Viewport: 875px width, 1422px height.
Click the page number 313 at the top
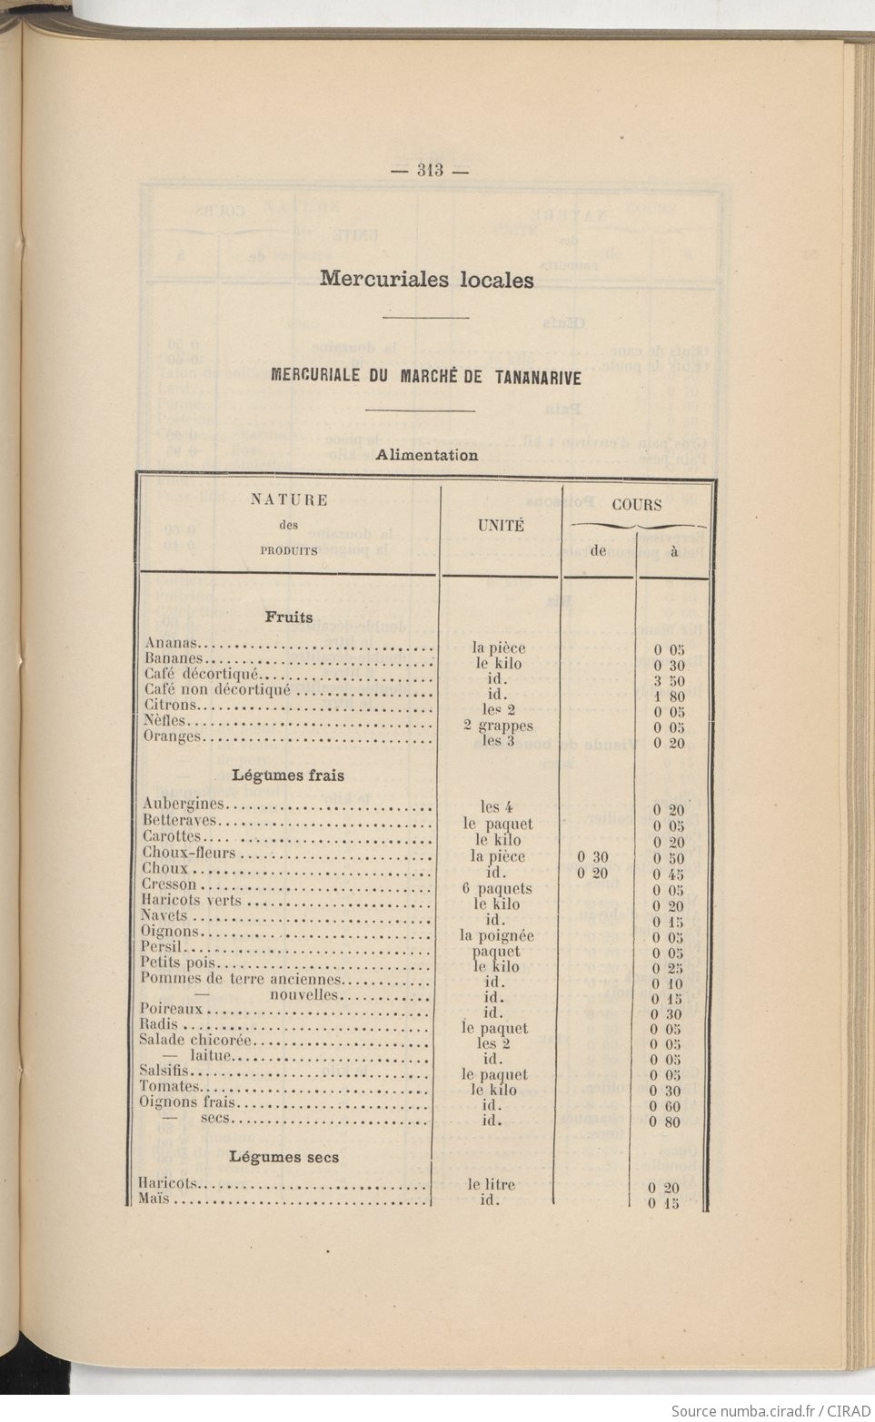coord(429,169)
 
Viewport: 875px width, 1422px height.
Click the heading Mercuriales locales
coord(426,279)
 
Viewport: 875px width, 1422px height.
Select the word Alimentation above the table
coord(426,455)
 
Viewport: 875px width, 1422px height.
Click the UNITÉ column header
coord(501,525)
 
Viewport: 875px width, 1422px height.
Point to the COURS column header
coord(636,505)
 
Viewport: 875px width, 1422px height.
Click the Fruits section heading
coord(289,617)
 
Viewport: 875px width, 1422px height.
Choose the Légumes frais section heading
coord(288,775)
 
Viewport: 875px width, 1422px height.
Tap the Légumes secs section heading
coord(283,1157)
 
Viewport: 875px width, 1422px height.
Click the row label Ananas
coord(171,644)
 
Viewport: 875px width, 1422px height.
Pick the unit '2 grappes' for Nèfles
coord(497,726)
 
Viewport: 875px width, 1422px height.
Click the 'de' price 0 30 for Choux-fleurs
coord(592,857)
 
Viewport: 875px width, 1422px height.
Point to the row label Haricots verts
coord(192,901)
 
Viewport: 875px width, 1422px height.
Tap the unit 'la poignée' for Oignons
coord(496,935)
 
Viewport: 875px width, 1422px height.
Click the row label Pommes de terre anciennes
coord(241,979)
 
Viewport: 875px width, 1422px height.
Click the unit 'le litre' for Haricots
coord(492,1184)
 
